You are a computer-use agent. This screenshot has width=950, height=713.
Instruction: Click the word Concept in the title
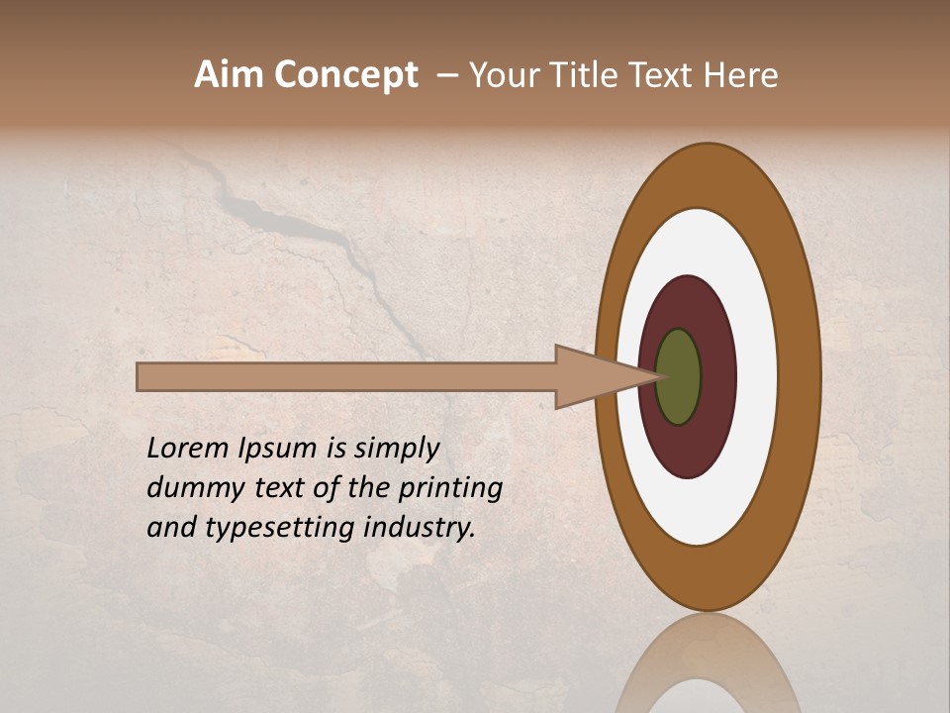tap(346, 75)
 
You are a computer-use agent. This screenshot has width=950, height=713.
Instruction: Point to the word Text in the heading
tap(667, 75)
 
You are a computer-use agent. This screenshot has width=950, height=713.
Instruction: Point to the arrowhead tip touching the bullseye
tap(657, 376)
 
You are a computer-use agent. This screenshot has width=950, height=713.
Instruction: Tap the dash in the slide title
tap(446, 76)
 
